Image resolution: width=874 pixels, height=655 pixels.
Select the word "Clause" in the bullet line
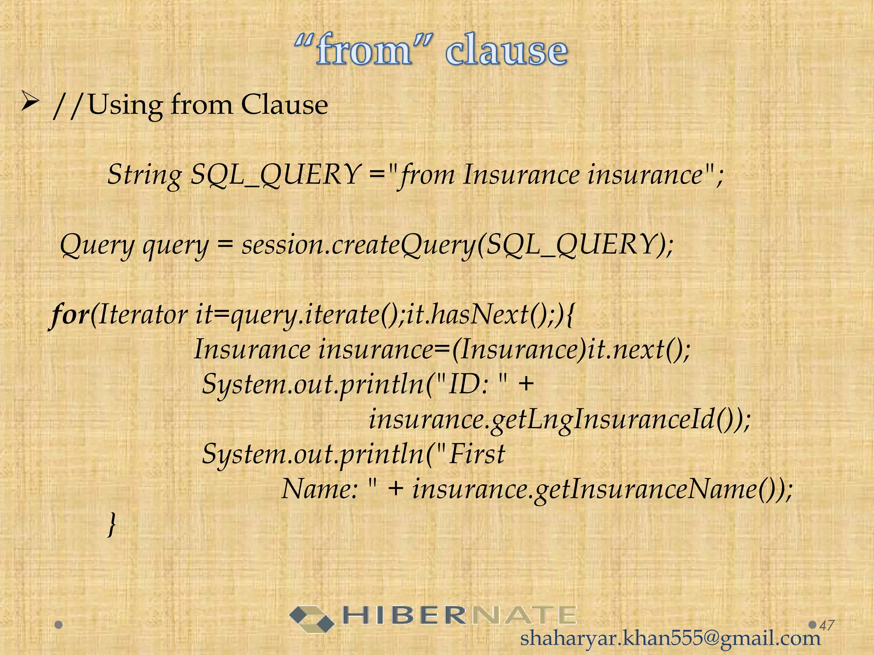click(x=284, y=105)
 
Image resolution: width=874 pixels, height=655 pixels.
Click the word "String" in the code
click(x=144, y=175)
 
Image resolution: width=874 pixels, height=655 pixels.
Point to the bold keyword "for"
click(x=69, y=315)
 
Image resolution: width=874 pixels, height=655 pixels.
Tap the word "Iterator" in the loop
click(x=143, y=315)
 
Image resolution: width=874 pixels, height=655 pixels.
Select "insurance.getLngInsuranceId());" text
click(x=559, y=419)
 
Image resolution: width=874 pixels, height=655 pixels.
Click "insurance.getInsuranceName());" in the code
click(x=602, y=489)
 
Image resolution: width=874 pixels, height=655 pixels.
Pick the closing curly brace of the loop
click(x=112, y=524)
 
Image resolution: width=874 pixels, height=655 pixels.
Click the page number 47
click(x=827, y=625)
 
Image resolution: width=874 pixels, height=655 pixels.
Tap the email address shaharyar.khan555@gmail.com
click(x=670, y=638)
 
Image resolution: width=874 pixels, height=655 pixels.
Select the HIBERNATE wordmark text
click(x=459, y=616)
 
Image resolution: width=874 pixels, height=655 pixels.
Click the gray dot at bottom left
click(x=59, y=625)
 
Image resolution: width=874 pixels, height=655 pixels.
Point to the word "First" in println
click(x=477, y=454)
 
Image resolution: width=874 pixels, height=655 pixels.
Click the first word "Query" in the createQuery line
click(x=97, y=246)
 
